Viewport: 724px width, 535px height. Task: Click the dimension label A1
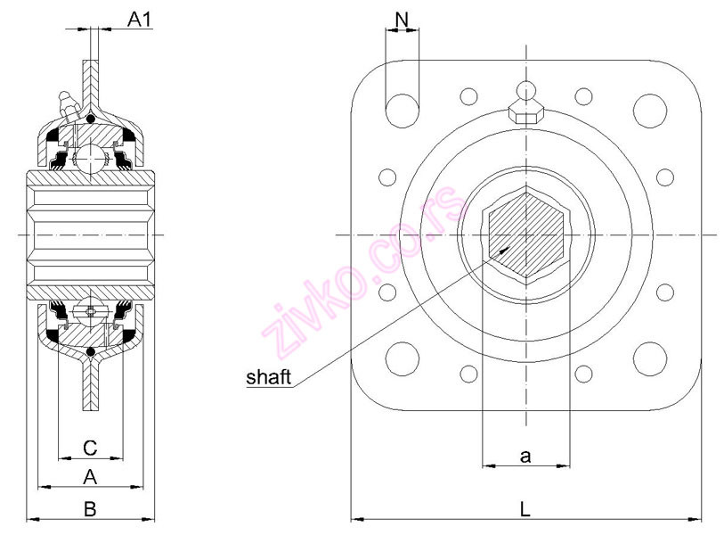click(x=139, y=19)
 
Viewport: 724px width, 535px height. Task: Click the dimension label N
click(x=402, y=18)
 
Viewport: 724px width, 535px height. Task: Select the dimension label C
click(x=89, y=446)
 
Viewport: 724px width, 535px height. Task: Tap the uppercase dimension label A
click(x=89, y=477)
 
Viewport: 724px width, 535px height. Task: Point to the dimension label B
click(x=89, y=508)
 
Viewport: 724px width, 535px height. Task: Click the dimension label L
click(x=525, y=509)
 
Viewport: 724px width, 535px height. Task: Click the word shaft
click(x=268, y=378)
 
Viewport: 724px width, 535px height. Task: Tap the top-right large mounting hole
click(x=649, y=108)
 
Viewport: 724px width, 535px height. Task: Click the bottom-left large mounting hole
click(x=402, y=358)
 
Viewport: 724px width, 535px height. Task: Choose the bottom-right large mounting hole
click(x=649, y=358)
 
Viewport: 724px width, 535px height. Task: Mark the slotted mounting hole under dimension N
click(x=402, y=108)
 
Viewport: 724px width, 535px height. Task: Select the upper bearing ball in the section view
click(x=89, y=160)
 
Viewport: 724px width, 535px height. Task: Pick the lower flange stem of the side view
click(x=90, y=383)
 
